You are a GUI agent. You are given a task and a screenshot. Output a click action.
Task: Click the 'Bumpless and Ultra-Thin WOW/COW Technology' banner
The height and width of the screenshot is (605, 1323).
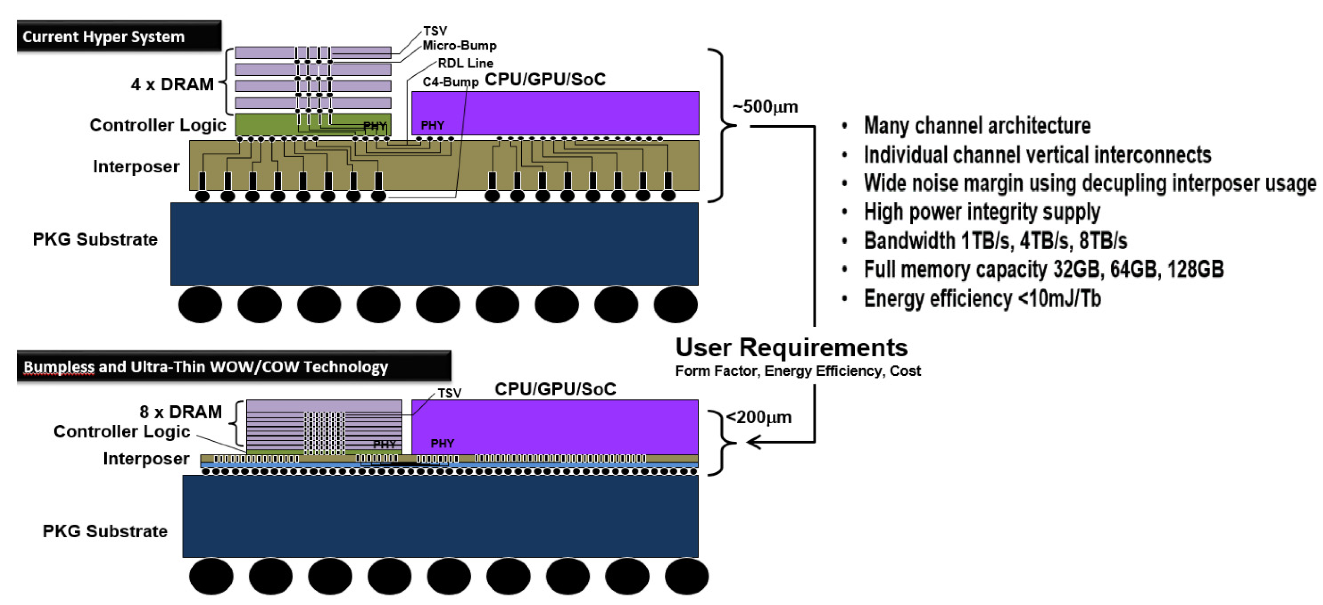coord(233,366)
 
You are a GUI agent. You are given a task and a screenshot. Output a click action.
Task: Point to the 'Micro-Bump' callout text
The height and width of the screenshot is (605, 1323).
coord(459,46)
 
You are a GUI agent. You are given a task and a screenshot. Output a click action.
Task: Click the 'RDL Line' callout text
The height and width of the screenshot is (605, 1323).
coord(465,63)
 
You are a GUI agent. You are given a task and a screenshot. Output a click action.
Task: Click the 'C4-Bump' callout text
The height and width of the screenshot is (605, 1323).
coord(450,82)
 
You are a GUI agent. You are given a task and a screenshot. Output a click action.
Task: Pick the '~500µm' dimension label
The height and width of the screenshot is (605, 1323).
coord(765,107)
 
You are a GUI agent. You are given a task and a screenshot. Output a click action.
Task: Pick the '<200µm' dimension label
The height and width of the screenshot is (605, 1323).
coord(759,417)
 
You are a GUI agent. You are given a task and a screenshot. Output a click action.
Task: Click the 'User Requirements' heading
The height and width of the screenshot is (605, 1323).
coord(791,347)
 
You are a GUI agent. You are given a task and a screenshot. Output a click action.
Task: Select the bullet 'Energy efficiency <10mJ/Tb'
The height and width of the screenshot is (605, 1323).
coord(982,298)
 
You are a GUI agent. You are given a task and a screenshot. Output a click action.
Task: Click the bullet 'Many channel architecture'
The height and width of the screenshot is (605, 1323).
coord(977,125)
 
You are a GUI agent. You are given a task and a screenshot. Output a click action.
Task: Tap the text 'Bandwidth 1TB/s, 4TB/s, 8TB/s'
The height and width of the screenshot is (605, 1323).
coord(995,240)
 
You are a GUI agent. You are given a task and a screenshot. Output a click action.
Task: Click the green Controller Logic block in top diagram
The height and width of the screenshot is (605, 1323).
coord(267,125)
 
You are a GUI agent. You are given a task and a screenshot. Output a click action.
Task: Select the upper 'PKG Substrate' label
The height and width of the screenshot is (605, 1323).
coord(95,239)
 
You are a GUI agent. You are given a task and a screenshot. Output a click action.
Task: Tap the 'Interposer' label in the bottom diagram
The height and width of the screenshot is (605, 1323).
coord(146,458)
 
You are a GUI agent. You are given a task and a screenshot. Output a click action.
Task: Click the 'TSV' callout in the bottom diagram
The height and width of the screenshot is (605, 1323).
coord(450,393)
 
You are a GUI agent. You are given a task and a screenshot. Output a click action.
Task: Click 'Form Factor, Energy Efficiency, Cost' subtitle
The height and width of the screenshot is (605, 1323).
coord(798,371)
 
